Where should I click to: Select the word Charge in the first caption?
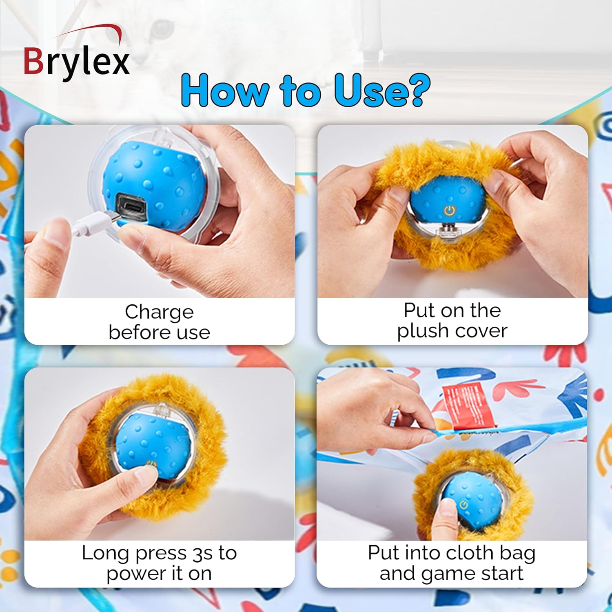click(159, 312)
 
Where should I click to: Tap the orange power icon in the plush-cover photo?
click(449, 211)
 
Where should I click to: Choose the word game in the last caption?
click(448, 574)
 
